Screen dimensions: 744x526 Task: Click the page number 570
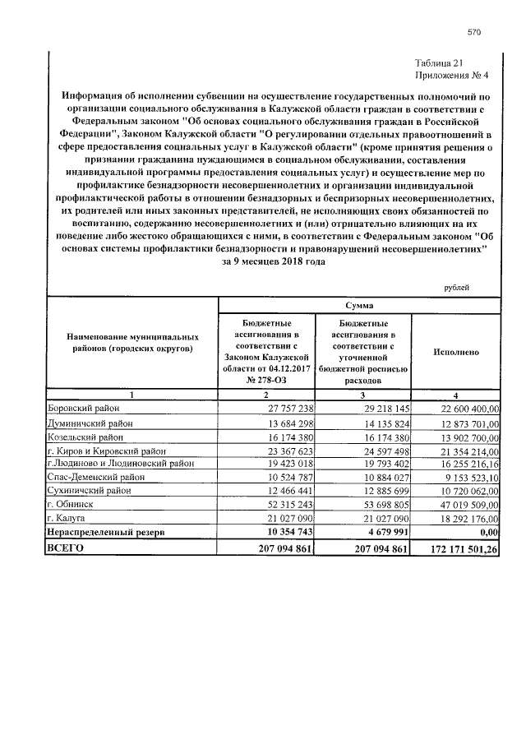tap(473, 32)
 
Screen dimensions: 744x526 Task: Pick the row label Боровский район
tap(84, 408)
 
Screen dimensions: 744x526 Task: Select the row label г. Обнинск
tap(70, 502)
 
